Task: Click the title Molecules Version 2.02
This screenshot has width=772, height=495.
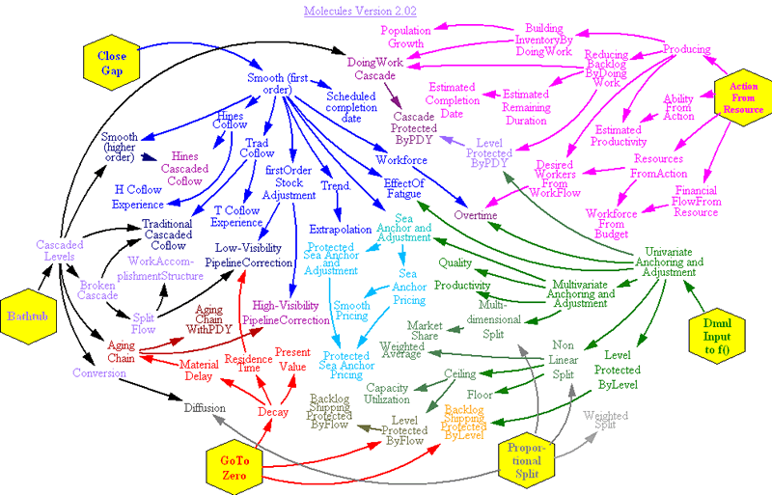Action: pos(352,12)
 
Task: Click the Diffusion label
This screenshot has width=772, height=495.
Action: pos(212,408)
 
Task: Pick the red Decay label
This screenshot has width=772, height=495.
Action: pos(273,412)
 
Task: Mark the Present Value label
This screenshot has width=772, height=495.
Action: pos(293,360)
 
